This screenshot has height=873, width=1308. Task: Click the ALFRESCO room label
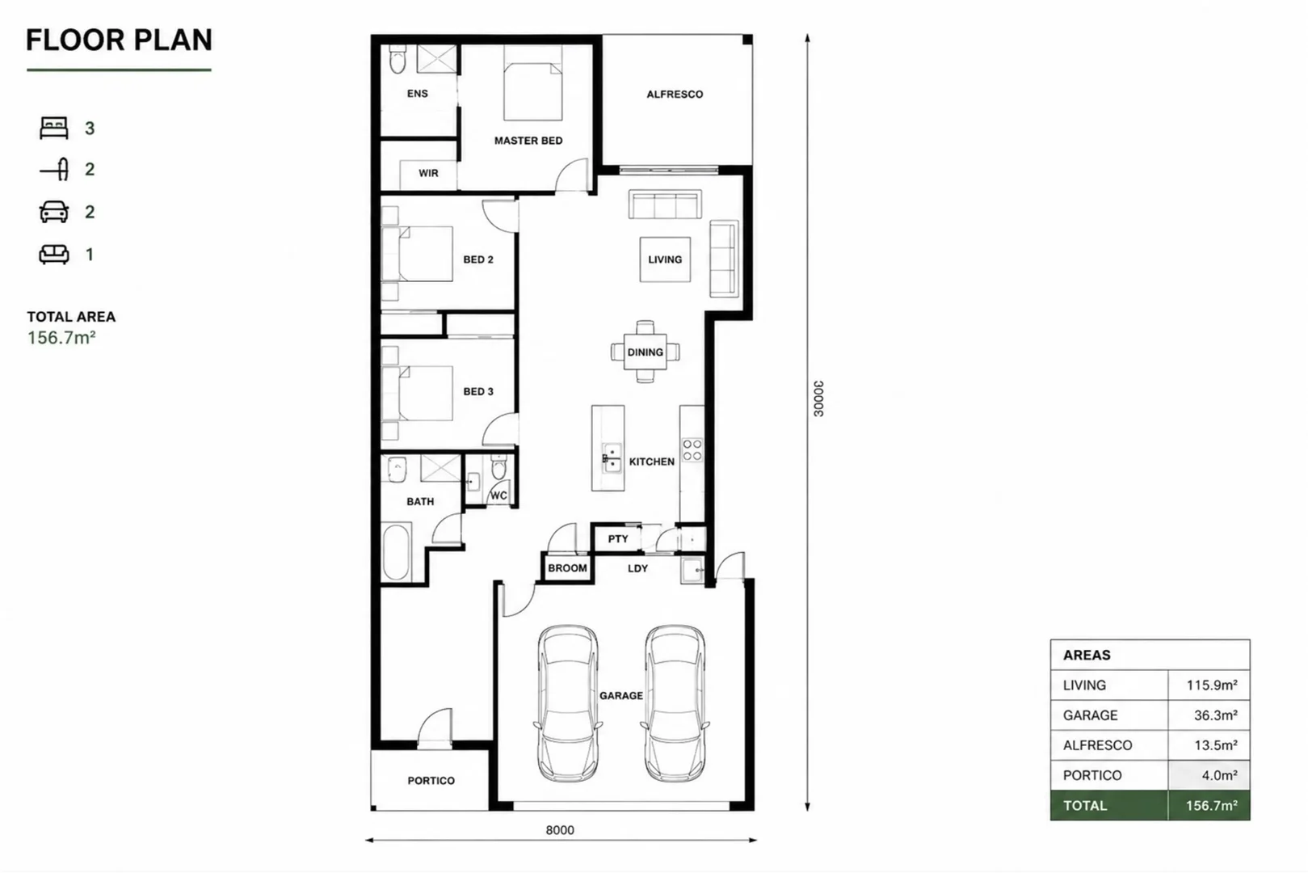(675, 94)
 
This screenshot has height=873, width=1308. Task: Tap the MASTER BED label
(528, 141)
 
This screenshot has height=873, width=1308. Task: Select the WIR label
(428, 174)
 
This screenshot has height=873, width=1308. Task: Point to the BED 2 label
(478, 259)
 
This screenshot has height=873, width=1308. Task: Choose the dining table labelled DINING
(646, 352)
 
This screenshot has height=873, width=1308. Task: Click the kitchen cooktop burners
(692, 450)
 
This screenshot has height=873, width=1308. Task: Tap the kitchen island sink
(612, 458)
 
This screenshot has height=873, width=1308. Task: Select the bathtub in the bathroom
(397, 552)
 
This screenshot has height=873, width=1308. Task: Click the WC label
(498, 496)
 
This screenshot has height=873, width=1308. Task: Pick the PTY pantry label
(618, 539)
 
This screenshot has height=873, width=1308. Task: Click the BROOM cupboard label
(568, 568)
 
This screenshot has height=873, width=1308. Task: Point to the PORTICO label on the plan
(431, 781)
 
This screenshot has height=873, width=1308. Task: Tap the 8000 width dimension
(560, 830)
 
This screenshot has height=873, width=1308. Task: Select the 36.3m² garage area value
(1216, 715)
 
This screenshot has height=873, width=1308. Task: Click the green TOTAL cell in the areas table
(1109, 806)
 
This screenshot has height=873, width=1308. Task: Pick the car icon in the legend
(54, 212)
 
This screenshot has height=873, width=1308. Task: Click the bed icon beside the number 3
(54, 128)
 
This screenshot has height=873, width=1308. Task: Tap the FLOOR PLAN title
(119, 40)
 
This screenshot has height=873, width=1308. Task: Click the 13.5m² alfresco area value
(1216, 745)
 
